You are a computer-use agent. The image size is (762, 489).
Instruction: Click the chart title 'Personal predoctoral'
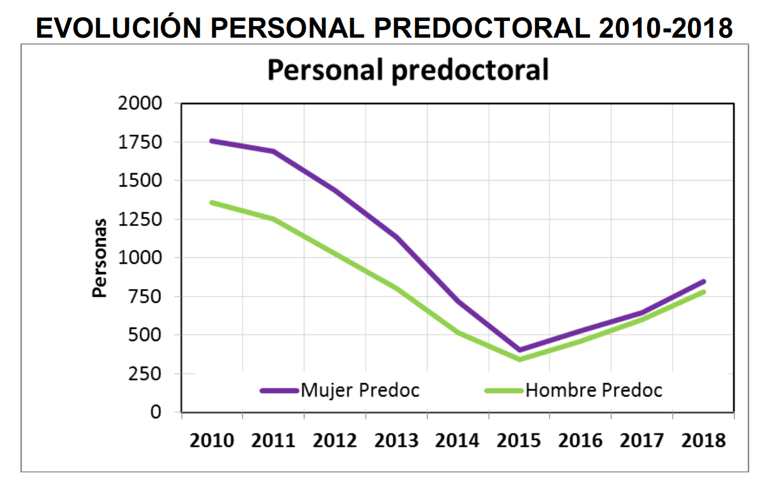[407, 70]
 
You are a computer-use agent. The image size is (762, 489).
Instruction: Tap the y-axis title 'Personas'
[99, 257]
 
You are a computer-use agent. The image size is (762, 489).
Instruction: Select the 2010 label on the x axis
[212, 440]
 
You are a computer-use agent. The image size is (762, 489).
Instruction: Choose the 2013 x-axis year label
[396, 440]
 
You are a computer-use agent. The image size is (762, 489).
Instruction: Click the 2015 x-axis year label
[519, 440]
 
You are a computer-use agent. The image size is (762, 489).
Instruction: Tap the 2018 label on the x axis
[703, 440]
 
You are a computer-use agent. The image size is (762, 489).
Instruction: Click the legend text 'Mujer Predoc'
[361, 390]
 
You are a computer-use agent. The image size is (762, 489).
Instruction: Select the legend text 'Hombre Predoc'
[594, 390]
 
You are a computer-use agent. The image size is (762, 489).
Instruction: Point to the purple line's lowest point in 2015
[519, 350]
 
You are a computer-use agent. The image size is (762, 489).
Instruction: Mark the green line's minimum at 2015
[519, 359]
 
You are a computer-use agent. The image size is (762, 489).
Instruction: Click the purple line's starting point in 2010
[212, 140]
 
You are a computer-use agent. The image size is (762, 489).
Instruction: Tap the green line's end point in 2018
[703, 292]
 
